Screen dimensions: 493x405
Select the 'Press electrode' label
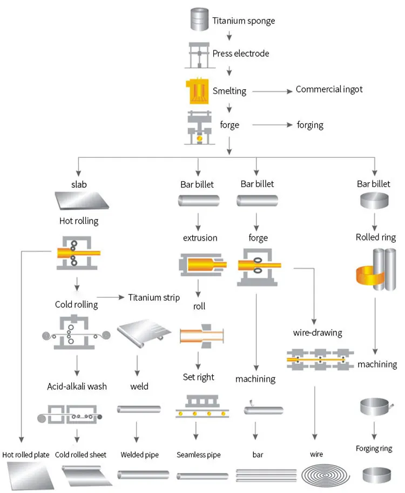click(x=240, y=54)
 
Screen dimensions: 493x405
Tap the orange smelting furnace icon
click(x=198, y=90)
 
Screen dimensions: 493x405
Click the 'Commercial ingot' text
click(x=329, y=89)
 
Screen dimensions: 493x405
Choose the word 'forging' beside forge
click(x=310, y=125)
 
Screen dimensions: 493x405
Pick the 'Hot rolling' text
click(x=78, y=221)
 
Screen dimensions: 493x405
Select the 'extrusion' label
click(x=199, y=238)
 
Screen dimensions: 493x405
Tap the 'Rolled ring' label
click(x=375, y=237)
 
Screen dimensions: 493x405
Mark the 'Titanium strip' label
click(x=154, y=298)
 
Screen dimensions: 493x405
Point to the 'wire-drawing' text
click(x=318, y=332)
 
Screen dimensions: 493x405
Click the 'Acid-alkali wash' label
click(x=77, y=386)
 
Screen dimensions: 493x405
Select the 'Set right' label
click(x=199, y=377)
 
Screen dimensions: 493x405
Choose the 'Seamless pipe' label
click(x=199, y=455)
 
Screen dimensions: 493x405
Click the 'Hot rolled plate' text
click(x=26, y=455)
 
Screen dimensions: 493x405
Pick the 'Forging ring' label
click(x=374, y=449)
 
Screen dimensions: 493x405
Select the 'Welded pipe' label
click(x=140, y=455)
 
